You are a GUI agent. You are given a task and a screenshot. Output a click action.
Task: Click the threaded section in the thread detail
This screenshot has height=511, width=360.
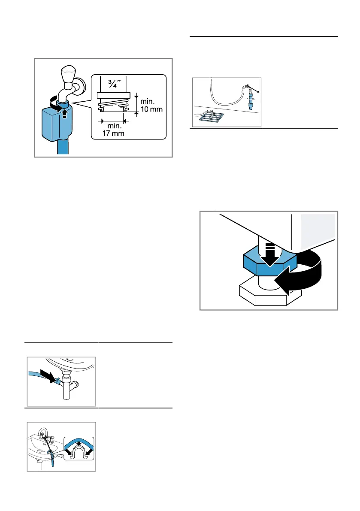coord(113,106)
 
